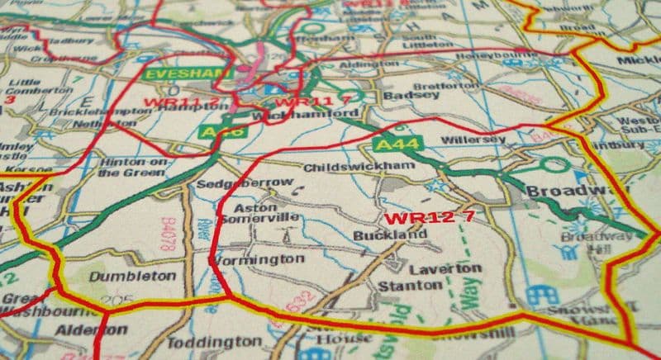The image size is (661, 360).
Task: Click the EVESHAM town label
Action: [x=174, y=73]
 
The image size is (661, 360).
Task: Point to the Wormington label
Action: [x=256, y=259]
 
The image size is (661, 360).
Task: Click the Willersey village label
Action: [x=473, y=140]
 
